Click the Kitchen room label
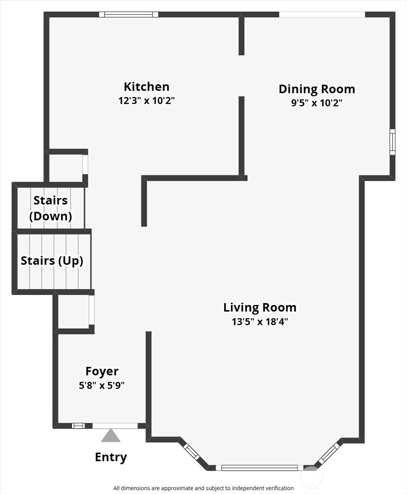pos(147,87)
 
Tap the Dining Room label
pos(317,89)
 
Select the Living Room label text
pos(260,308)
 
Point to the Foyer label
pos(102,371)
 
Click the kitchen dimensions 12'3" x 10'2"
pos(147,100)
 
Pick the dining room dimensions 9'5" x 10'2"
pos(317,103)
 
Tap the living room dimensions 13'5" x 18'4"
pos(260,322)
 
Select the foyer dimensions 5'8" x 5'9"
pos(102,386)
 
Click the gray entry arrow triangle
pos(111,436)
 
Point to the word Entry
pos(111,457)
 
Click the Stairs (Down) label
pos(51,208)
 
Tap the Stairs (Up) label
pos(52,261)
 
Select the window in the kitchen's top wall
pos(128,14)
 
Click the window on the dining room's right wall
pos(392,142)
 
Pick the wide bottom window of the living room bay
pos(259,468)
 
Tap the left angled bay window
pos(192,452)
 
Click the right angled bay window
pos(329,454)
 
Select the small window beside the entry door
pos(78,426)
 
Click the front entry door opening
pos(115,426)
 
